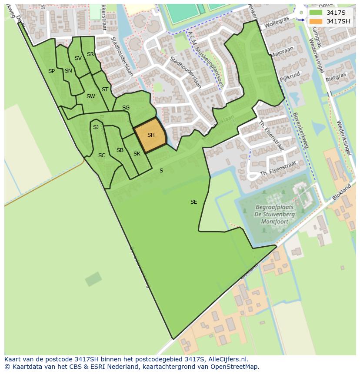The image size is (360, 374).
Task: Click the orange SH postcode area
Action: pos(150,135)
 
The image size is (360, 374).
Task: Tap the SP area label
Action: pos(51,71)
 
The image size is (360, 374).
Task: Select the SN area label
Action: pos(68,71)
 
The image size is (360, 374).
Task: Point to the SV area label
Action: pos(78,58)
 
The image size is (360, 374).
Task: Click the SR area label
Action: pos(90,54)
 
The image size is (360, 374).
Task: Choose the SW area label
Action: pos(90,96)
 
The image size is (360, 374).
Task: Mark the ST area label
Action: pos(105,89)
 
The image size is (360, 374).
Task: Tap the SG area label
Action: pos(126,108)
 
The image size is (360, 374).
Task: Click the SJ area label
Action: pos(96,127)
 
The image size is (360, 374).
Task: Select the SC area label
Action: pos(102,156)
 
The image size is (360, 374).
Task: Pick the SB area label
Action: pos(120,150)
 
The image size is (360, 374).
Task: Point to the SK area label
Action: pos(137,154)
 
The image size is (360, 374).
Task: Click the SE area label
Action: pos(194,202)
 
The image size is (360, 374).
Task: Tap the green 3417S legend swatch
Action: pos(316,13)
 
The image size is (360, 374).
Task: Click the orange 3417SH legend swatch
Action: pos(316,21)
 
